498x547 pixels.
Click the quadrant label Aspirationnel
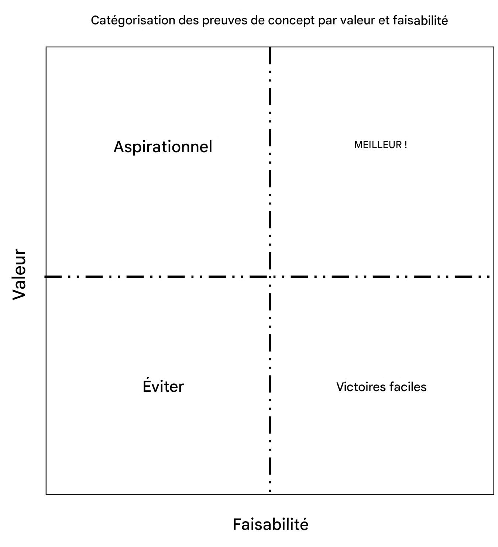(x=163, y=147)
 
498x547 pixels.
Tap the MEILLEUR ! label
(x=380, y=145)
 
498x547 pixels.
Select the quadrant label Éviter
(x=163, y=386)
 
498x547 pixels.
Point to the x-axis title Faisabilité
(x=270, y=524)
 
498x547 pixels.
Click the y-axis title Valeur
(x=19, y=274)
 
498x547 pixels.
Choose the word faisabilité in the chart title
(x=420, y=20)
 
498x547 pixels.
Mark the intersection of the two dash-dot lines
(x=270, y=276)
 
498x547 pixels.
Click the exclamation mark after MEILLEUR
(x=406, y=145)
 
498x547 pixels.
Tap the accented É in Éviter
(x=147, y=386)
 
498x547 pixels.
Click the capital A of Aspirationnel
(x=119, y=147)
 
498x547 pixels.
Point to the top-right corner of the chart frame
(x=494, y=47)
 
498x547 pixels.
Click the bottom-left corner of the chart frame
(x=46, y=494)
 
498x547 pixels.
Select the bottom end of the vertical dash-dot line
(x=270, y=491)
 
